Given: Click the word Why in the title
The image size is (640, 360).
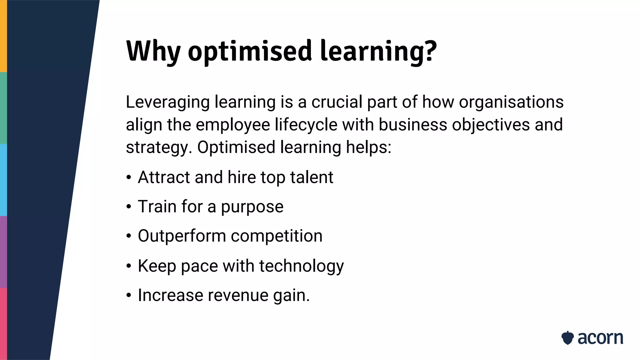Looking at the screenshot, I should click(x=153, y=51).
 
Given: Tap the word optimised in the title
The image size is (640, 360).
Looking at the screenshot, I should click(x=250, y=51).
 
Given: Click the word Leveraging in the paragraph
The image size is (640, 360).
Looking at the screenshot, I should click(x=167, y=102).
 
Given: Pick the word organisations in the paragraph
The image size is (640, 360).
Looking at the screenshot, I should click(x=511, y=102).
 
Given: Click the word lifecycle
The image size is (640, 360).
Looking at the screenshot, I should click(x=306, y=125).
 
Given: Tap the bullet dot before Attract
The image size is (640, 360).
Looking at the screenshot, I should click(x=129, y=177).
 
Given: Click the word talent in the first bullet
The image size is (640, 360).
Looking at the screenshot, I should click(x=312, y=177).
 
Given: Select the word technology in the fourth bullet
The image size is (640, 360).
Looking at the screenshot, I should click(x=301, y=266).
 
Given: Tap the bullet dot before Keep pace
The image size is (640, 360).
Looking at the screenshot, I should click(x=129, y=266).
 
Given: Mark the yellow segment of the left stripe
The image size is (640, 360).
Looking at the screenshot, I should click(x=3, y=36).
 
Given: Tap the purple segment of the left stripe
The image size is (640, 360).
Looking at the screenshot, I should click(x=3, y=252).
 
